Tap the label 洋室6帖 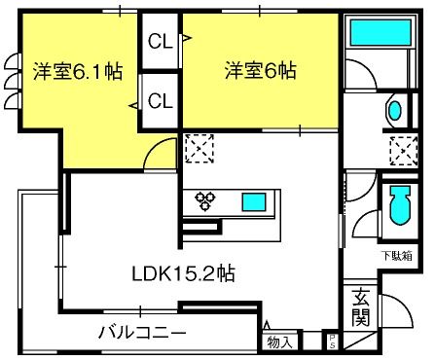260,71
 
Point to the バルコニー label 142,331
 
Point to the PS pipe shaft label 331,342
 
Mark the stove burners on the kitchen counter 206,200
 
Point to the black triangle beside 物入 267,324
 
